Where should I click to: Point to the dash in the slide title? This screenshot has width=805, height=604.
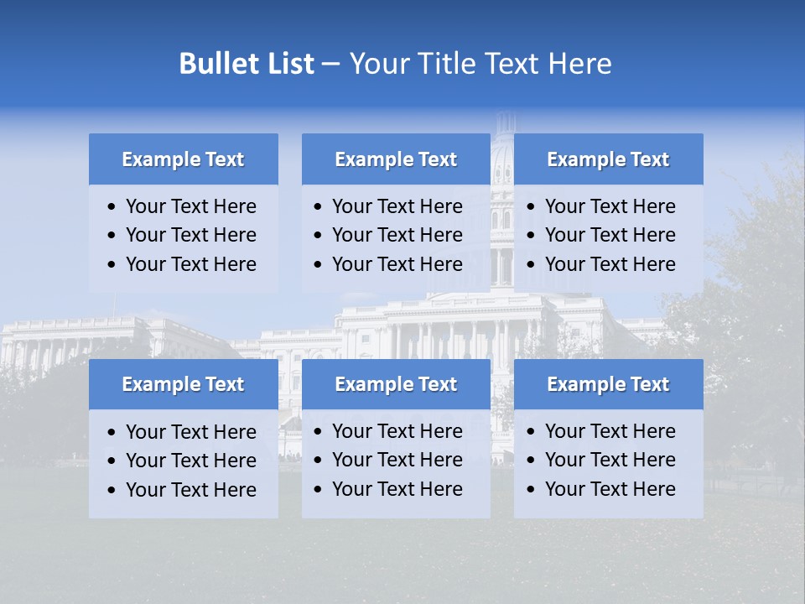[330, 65]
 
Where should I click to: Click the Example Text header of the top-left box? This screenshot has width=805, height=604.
[183, 159]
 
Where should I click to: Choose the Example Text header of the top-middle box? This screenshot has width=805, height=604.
[396, 159]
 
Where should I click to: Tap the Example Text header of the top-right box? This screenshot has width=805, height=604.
[608, 159]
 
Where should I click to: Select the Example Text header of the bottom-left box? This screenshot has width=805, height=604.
[183, 384]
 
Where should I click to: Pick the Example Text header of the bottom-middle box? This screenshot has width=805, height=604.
[396, 384]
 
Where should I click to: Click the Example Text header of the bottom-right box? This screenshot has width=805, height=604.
[608, 384]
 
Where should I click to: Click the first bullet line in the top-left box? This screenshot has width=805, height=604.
[190, 206]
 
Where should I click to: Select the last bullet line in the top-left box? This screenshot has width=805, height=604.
[190, 264]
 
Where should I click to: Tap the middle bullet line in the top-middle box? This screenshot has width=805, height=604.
[397, 235]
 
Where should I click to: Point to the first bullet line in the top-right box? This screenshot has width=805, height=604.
[610, 206]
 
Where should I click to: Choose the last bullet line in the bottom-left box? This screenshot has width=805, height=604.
[190, 489]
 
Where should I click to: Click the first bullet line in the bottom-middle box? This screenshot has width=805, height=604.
[397, 431]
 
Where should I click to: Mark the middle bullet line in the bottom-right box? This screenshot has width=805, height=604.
[610, 460]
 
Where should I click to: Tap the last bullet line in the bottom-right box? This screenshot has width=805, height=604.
[610, 489]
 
